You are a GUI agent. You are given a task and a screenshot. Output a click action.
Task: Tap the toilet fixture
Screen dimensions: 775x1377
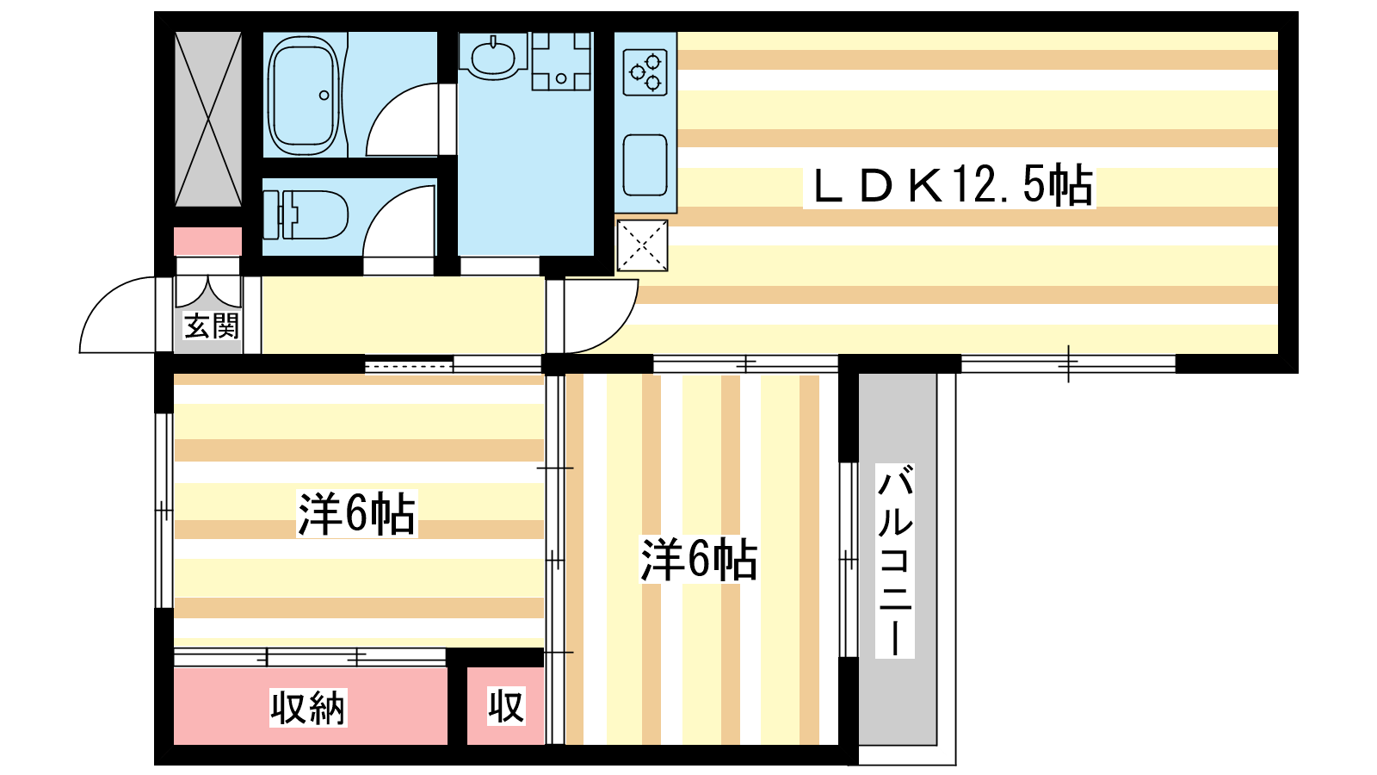click(x=306, y=214)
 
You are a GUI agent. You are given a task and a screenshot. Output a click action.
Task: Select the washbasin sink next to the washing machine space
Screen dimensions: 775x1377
click(x=493, y=56)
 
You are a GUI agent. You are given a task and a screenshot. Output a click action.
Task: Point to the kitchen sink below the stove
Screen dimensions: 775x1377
click(x=645, y=164)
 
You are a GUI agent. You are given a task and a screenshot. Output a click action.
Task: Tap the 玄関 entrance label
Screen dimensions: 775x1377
click(x=211, y=326)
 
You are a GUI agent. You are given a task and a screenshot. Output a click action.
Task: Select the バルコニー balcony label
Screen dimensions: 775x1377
click(x=895, y=561)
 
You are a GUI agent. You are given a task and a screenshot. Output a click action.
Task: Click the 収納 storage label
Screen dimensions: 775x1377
click(x=307, y=708)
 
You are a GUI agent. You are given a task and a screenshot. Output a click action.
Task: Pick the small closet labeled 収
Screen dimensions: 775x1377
click(x=506, y=707)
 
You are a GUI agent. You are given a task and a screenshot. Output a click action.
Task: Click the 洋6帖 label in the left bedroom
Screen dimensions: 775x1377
click(x=356, y=514)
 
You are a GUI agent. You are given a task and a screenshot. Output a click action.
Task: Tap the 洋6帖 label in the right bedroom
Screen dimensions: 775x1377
click(x=698, y=560)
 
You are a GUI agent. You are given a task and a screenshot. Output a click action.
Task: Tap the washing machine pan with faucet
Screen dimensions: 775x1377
click(x=561, y=61)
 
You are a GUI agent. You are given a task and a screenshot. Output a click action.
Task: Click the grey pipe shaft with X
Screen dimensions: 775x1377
click(x=208, y=119)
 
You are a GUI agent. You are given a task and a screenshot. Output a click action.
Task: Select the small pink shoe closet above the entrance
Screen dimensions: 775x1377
click(x=208, y=241)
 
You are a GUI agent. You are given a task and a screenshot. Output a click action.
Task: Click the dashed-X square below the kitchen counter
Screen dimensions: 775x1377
click(x=643, y=245)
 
